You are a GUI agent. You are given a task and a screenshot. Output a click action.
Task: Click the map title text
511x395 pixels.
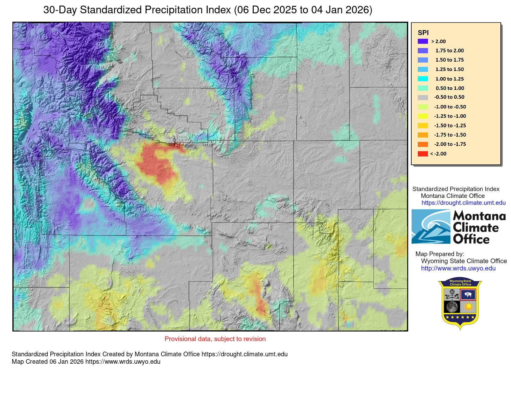tap(207, 10)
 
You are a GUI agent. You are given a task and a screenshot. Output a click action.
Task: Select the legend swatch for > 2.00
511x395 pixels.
tap(423, 41)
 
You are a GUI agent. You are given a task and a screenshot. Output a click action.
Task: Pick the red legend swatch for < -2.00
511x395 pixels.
tap(423, 154)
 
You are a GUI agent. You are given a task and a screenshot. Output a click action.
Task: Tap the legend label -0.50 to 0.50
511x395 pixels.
tap(449, 97)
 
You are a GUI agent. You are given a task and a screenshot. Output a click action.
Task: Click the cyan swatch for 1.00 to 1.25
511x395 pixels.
tap(423, 79)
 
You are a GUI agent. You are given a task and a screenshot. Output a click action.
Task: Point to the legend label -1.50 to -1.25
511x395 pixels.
tap(450, 125)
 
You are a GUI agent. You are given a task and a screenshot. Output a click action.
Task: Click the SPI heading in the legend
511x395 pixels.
tap(423, 33)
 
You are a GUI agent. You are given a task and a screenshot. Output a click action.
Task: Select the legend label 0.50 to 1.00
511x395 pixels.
tap(450, 88)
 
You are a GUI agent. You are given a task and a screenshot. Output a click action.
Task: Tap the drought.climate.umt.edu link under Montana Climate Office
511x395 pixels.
tap(463, 203)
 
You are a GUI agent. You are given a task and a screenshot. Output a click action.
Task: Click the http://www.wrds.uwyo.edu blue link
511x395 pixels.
tap(458, 269)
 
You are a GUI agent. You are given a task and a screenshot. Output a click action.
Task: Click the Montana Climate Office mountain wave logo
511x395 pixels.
tap(431, 227)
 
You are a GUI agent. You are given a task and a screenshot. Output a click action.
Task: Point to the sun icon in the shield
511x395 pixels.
tap(468, 307)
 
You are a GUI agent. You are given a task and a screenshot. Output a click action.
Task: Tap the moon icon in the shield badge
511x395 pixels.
tap(452, 307)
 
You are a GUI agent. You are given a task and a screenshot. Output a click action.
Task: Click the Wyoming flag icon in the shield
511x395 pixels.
tap(468, 294)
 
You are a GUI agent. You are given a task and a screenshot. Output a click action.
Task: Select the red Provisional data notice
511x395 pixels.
tap(215, 339)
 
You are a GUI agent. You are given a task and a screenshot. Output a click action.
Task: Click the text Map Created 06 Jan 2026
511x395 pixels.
tap(48, 362)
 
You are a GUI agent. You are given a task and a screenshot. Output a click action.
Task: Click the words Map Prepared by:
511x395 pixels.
tap(439, 254)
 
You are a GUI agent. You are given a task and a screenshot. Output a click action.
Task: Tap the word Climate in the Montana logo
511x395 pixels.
tap(476, 228)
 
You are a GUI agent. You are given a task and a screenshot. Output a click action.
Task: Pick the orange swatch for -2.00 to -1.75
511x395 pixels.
tap(423, 144)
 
